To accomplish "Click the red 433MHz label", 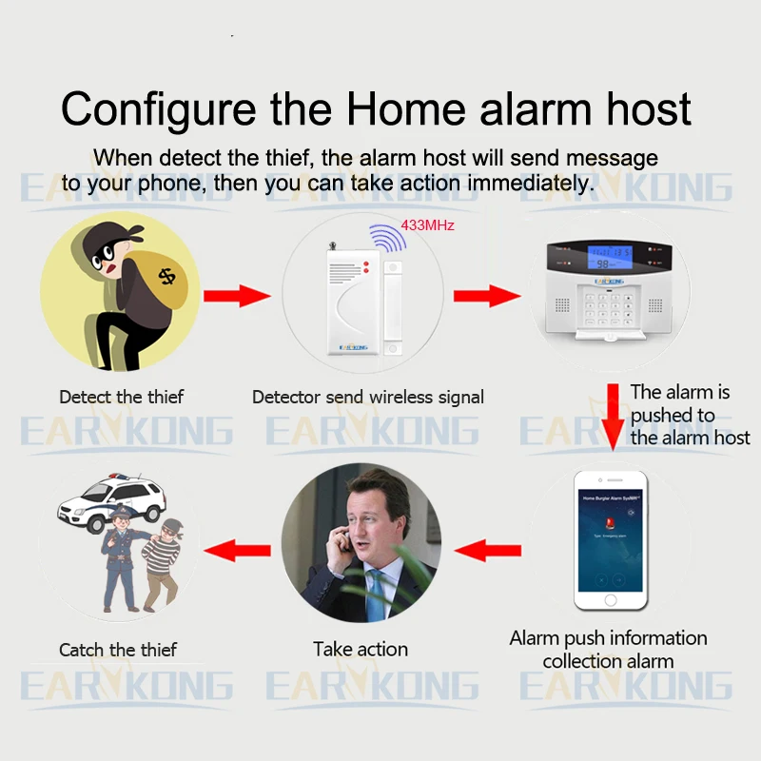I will (x=428, y=225).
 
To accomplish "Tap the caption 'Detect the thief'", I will (x=121, y=397).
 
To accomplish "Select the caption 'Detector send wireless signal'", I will (x=368, y=397).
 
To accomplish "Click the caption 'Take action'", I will (x=361, y=650).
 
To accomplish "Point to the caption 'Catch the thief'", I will (x=118, y=650).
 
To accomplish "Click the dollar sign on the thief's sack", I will (x=167, y=277).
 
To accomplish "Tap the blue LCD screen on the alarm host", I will (x=609, y=257).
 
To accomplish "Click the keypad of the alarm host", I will (x=610, y=303).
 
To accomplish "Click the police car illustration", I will (x=110, y=500).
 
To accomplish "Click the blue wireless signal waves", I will (x=386, y=238).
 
